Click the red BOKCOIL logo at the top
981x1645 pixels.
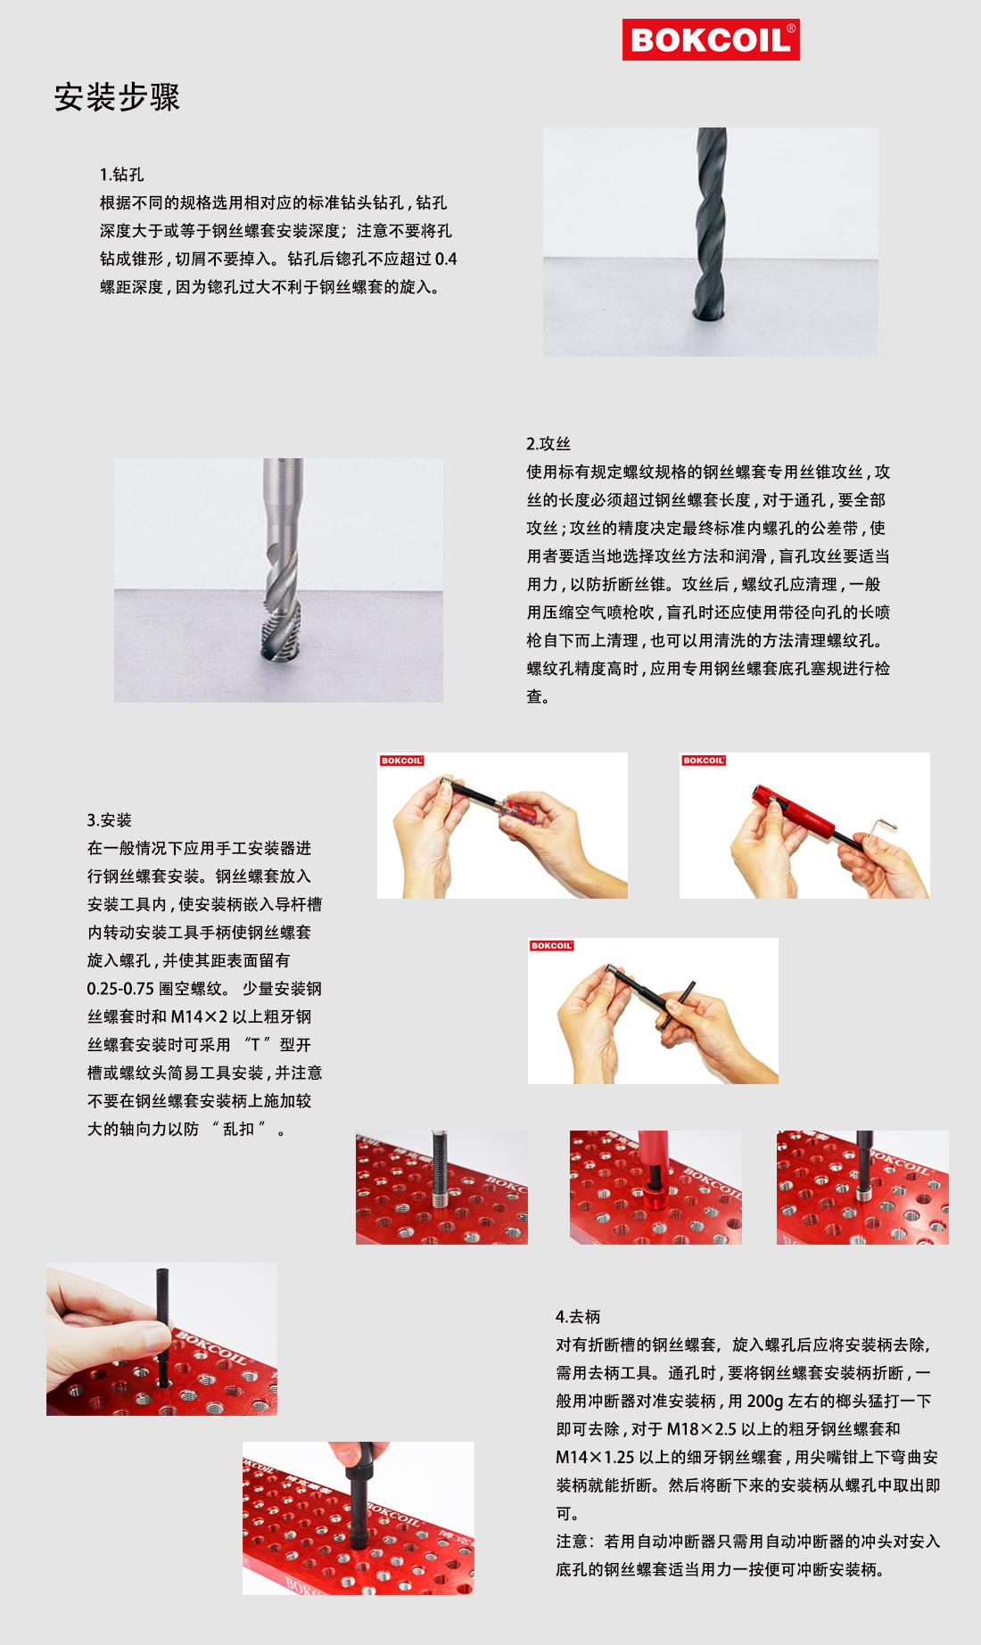pos(711,40)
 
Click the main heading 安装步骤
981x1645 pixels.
pos(117,97)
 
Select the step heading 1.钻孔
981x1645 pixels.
pos(121,175)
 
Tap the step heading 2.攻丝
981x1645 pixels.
pos(548,444)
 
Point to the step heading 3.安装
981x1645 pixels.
pos(109,820)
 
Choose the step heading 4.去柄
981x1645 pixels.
pos(577,1317)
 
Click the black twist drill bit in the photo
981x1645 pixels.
pos(710,223)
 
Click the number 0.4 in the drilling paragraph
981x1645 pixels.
pos(446,259)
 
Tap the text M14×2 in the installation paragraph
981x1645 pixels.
pos(200,1017)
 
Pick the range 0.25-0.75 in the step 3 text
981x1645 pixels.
pos(120,989)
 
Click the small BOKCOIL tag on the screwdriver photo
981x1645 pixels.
pos(401,761)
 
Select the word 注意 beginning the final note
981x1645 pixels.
pos(573,1542)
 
